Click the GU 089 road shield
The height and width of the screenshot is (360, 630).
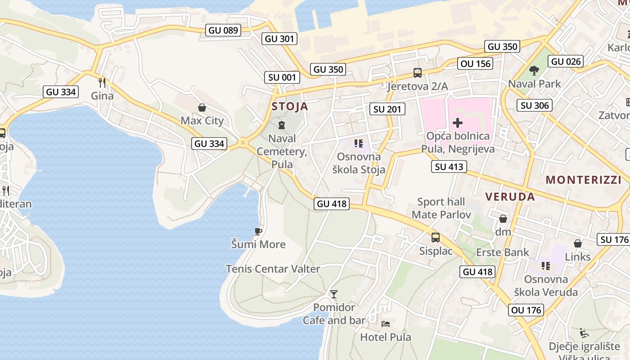click(223, 31)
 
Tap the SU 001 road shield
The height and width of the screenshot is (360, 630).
click(282, 77)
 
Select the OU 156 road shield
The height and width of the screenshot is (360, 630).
click(476, 63)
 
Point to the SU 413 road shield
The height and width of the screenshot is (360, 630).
click(449, 167)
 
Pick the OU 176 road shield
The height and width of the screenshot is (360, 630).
click(526, 310)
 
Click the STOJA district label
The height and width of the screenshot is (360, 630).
click(290, 107)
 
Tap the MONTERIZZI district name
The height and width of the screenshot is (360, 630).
click(583, 180)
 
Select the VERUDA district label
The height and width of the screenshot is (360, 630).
click(510, 197)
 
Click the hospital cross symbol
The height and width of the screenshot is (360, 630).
click(458, 122)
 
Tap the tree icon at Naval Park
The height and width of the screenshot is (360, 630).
click(534, 70)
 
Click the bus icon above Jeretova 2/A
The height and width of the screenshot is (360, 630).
click(418, 73)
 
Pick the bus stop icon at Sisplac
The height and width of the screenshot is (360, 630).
click(436, 238)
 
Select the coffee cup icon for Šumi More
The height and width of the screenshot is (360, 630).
click(258, 231)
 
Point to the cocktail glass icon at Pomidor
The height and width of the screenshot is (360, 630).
click(333, 294)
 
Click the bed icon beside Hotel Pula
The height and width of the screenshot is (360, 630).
click(386, 324)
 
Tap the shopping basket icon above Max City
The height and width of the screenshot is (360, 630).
click(202, 108)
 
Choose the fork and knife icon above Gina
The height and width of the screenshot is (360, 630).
click(102, 82)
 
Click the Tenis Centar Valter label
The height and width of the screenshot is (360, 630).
click(273, 269)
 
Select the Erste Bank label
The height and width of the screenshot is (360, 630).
click(503, 252)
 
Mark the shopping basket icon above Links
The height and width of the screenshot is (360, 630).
click(578, 244)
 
